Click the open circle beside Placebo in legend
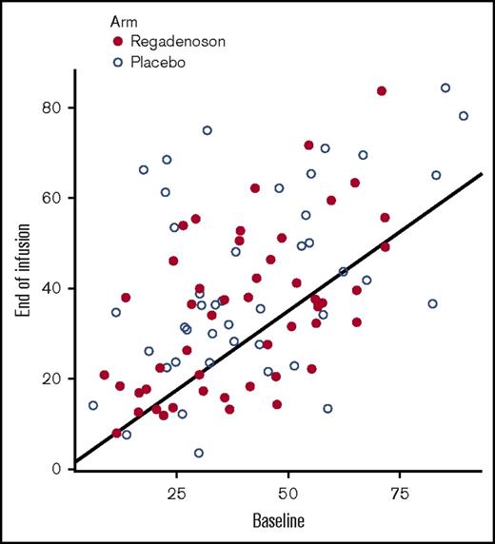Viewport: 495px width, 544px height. [x=119, y=62]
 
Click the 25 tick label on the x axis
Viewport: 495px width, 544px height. [x=176, y=495]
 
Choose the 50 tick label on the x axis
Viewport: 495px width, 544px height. [x=288, y=495]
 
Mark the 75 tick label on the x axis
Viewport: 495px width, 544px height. [x=401, y=495]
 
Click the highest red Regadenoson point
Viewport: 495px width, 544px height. [x=382, y=91]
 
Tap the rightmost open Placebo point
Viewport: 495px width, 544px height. [x=464, y=116]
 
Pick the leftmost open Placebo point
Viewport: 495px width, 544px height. [x=93, y=405]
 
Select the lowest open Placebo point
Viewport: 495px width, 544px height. [x=199, y=454]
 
